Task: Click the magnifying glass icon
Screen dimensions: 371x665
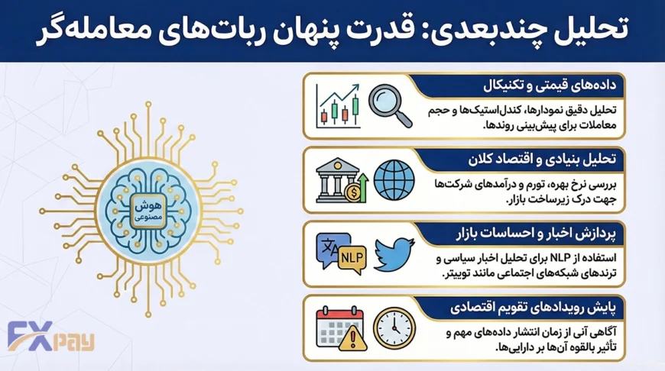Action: tap(390, 105)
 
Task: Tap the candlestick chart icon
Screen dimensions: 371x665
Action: tap(338, 108)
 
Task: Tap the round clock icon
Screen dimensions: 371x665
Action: tap(392, 327)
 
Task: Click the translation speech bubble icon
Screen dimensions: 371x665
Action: tap(331, 247)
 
